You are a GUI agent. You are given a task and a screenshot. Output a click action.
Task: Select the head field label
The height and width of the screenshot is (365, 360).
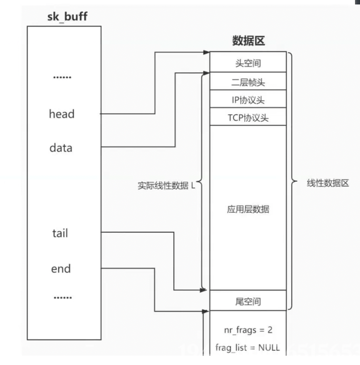pos(62,114)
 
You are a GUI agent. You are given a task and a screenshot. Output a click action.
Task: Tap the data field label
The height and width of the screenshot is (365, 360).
pos(61,148)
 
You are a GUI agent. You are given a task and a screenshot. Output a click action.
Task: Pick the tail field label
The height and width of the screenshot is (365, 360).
pos(60,233)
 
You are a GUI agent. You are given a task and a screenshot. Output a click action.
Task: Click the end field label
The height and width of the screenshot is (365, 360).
pos(61,269)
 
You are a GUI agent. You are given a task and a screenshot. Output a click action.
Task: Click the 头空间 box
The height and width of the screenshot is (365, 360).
pos(247,63)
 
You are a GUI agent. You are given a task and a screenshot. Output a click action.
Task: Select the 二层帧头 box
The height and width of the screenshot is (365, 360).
pos(247,82)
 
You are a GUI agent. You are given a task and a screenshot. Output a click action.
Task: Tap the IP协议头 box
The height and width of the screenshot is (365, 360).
pos(247,100)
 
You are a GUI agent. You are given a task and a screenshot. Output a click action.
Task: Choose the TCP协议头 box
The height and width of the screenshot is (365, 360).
pos(247,117)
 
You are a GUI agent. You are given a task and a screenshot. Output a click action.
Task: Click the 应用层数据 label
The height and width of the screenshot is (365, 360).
pos(247,209)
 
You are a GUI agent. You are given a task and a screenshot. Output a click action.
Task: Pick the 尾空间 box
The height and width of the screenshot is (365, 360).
pos(247,302)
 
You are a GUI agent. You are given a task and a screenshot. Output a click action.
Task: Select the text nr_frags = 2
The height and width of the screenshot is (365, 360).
pos(247,330)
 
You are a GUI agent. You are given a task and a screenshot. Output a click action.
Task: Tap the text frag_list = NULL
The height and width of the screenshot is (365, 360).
pos(247,348)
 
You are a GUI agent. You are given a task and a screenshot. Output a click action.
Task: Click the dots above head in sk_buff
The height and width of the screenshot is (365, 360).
pos(62,77)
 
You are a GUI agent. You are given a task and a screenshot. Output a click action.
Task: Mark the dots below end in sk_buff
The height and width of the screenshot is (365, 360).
pos(62,298)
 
